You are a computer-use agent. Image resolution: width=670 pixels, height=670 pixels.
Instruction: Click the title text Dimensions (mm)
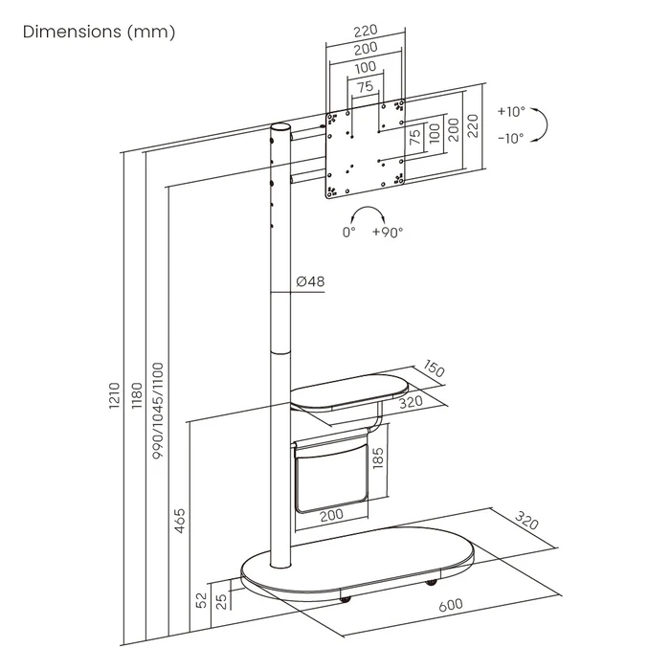click(99, 33)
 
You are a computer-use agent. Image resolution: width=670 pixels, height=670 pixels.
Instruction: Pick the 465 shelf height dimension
click(181, 521)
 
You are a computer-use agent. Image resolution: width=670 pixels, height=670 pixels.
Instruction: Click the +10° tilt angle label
click(510, 112)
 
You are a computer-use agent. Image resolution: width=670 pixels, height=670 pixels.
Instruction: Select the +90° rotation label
click(388, 232)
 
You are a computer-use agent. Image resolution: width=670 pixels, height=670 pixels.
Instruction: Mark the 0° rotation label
click(349, 232)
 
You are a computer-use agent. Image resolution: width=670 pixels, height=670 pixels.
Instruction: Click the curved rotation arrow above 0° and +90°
click(368, 212)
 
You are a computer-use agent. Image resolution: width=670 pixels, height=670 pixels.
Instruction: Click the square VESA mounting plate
click(366, 148)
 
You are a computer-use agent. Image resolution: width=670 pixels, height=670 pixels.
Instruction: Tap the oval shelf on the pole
click(347, 394)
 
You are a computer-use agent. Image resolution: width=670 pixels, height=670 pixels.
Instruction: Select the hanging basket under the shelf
click(330, 473)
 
